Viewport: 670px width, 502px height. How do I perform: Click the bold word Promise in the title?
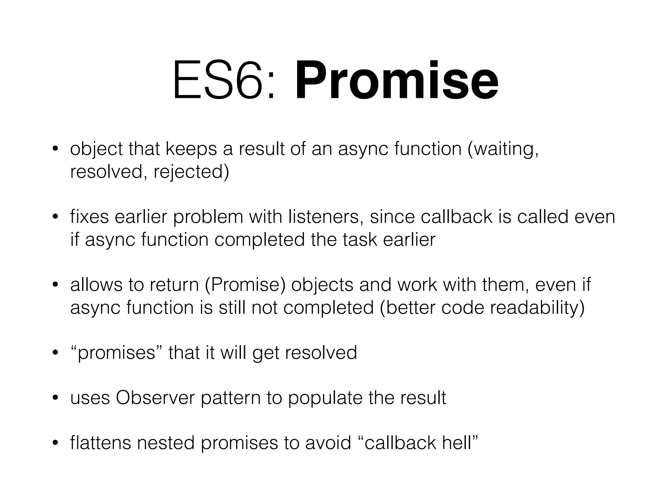click(397, 81)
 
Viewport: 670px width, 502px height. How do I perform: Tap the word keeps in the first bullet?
click(191, 149)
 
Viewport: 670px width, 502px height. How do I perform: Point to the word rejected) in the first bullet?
click(191, 172)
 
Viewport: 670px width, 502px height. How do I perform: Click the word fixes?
click(89, 217)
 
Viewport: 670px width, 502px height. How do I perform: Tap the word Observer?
click(155, 398)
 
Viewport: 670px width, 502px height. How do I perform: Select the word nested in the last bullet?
click(166, 443)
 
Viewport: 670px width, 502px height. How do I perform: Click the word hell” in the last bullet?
click(460, 443)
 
